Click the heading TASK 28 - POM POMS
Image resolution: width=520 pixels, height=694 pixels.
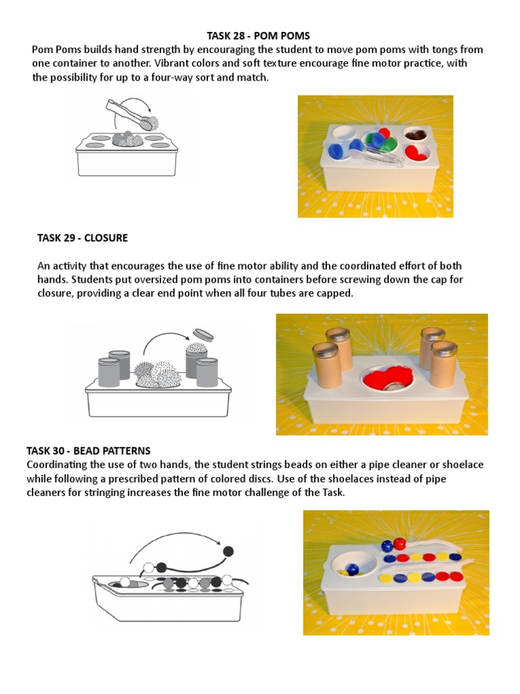click(x=258, y=36)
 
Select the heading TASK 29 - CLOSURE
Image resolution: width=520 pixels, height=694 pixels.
click(x=82, y=238)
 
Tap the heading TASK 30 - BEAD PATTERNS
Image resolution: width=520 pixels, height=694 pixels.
click(x=88, y=451)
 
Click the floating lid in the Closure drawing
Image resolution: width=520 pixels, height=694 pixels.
click(x=202, y=333)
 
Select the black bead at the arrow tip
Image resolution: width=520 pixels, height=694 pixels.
click(x=228, y=551)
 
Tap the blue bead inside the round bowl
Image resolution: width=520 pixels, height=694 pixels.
click(x=351, y=569)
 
